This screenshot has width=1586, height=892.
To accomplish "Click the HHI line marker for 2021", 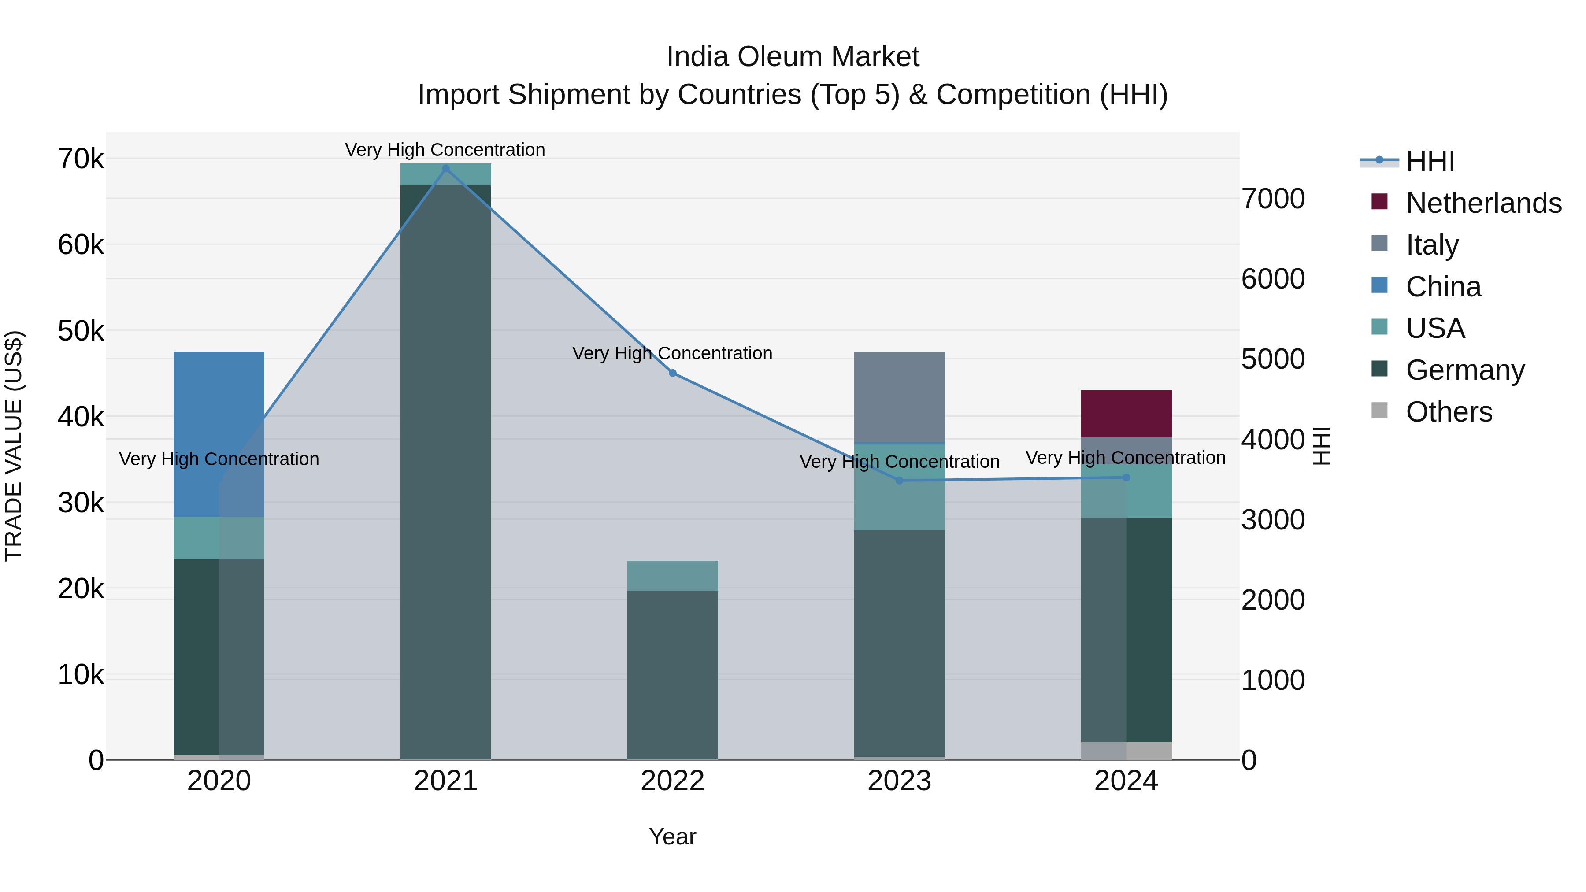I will (x=446, y=169).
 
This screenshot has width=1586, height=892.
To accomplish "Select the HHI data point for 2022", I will (x=672, y=373).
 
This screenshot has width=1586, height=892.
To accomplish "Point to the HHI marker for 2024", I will (x=1126, y=477).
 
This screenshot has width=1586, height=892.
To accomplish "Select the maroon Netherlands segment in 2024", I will (x=1126, y=413).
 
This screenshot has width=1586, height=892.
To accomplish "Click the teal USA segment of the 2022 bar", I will (x=672, y=576).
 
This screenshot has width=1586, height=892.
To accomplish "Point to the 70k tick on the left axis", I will (x=81, y=159).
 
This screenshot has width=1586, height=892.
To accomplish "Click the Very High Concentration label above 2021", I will (x=445, y=150).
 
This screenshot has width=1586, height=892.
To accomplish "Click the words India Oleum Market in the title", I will (x=793, y=57).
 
